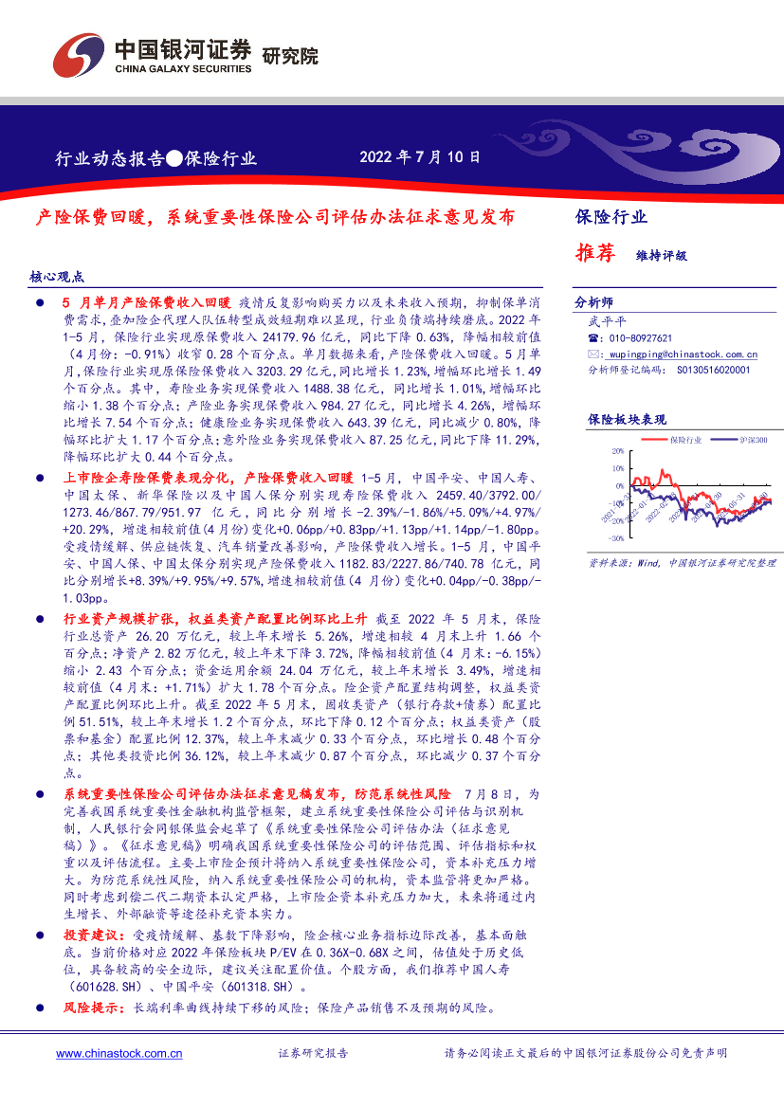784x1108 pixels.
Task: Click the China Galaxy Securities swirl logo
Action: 78,56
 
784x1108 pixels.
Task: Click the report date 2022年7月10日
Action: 420,157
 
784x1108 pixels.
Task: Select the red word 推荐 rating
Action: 595,253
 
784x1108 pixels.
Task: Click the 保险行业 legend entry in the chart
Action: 685,440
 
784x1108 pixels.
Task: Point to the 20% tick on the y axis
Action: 617,452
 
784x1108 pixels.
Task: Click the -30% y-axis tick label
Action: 615,537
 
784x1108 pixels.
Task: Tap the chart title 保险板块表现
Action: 627,419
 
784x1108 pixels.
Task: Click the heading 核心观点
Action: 57,278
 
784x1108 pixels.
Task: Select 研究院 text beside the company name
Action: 288,55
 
